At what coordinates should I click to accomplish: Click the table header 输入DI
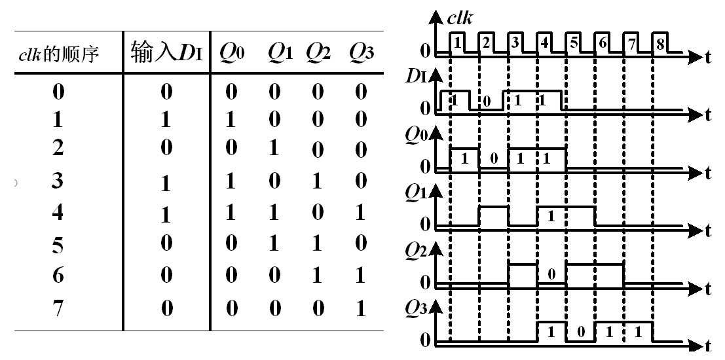pyautogui.click(x=166, y=53)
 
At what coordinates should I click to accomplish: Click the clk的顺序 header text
pyautogui.click(x=58, y=54)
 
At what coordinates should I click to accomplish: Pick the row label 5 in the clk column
pyautogui.click(x=58, y=245)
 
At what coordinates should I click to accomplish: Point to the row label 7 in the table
pyautogui.click(x=58, y=308)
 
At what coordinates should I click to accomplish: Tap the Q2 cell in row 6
pyautogui.click(x=318, y=276)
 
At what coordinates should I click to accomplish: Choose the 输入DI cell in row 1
pyautogui.click(x=166, y=119)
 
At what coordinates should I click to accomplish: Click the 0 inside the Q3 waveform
pyautogui.click(x=580, y=332)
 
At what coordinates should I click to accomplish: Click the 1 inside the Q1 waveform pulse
pyautogui.click(x=551, y=216)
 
